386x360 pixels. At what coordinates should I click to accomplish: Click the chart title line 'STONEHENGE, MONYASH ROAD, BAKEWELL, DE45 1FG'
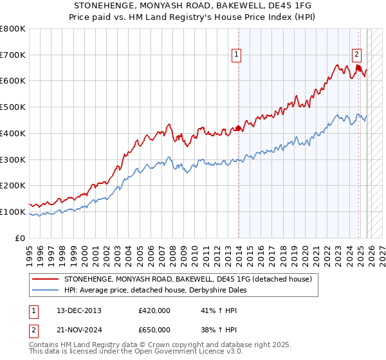pos(193,6)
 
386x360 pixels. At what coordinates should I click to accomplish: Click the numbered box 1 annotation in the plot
pos(237,55)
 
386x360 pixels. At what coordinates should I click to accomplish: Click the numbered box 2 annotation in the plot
pos(356,55)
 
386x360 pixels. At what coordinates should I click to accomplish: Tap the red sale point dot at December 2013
pos(239,128)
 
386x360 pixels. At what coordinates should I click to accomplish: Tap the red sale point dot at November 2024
pos(358,67)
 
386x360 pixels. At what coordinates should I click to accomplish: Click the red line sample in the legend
pos(45,279)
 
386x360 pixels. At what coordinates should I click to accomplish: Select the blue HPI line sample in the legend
pos(45,290)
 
